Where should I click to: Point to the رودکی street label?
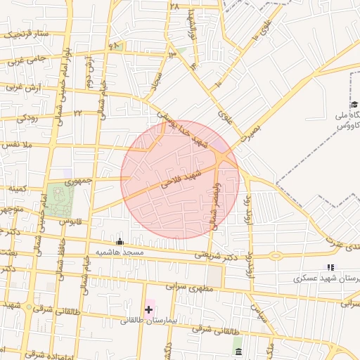(x=27, y=117)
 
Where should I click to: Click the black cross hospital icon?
(x=148, y=309)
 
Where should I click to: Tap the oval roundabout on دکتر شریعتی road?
(x=276, y=256)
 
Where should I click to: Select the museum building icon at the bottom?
(x=238, y=351)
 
